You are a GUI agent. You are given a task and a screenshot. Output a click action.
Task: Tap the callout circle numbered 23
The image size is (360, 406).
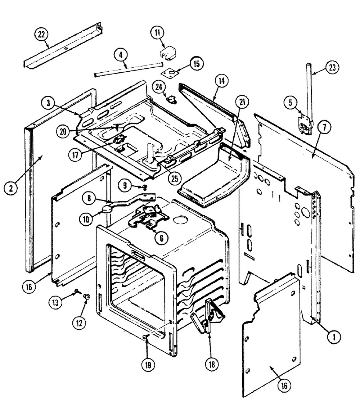click(x=332, y=68)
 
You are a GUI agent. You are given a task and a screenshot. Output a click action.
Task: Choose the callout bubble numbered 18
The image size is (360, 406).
click(x=212, y=364)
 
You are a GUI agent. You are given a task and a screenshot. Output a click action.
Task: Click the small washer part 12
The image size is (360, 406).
click(x=86, y=296)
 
